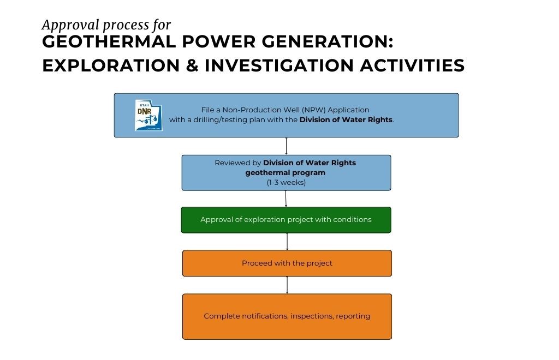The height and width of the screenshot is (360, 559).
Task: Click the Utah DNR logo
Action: (148, 115)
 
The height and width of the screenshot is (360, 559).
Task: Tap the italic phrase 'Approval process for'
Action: (106, 25)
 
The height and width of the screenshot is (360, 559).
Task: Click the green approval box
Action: (286, 220)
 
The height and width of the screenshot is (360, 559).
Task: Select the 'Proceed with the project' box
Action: (287, 263)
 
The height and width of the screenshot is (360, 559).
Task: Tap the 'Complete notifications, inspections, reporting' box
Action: (287, 316)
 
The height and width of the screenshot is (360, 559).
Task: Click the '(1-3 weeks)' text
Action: (286, 182)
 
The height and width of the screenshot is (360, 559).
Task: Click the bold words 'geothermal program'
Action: (286, 172)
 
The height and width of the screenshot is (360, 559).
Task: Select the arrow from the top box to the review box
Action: (286, 146)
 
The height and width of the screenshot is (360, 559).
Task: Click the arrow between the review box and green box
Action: (286, 199)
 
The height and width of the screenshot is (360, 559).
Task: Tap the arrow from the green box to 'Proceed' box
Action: (287, 242)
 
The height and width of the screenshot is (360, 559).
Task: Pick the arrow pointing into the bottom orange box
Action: (287, 285)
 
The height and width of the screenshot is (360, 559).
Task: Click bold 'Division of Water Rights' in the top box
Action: (346, 119)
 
